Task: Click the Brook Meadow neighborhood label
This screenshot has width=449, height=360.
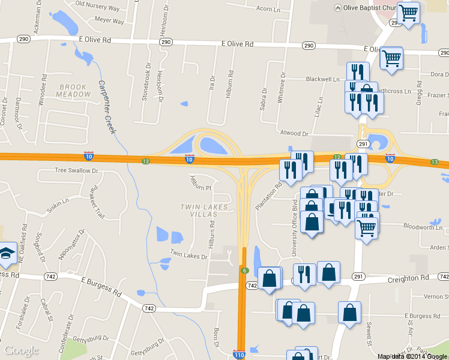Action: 74,91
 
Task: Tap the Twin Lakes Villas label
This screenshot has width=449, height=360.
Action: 205,211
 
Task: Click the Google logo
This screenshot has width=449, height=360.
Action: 22,350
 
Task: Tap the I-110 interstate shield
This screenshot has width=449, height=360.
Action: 239,355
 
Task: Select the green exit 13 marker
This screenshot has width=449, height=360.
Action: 435,163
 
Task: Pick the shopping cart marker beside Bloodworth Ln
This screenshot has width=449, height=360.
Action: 366,227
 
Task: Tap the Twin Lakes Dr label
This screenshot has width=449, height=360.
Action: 188,254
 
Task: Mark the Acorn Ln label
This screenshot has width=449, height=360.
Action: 268,9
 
